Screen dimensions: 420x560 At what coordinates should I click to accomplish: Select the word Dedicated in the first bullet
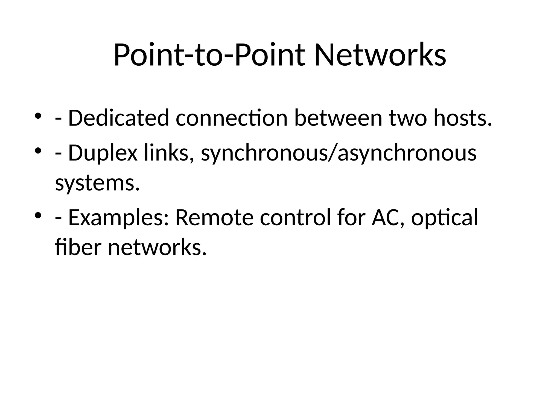pos(118,118)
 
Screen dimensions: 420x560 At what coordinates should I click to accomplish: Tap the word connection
pos(232,118)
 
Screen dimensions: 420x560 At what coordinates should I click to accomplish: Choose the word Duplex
pos(103,153)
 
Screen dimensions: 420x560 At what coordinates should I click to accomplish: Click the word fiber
pos(78,247)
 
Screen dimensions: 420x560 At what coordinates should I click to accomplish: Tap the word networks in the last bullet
pos(157,247)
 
